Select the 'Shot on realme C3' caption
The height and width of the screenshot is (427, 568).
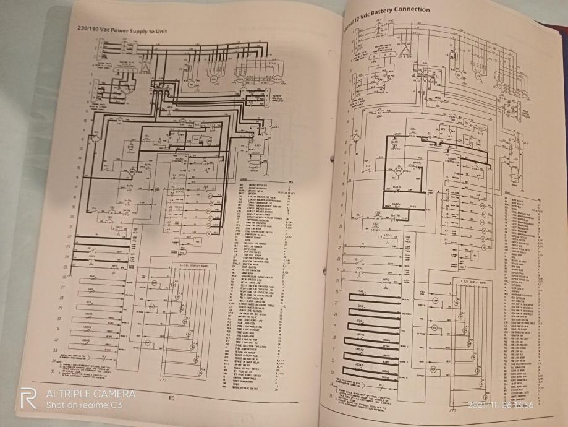(84, 405)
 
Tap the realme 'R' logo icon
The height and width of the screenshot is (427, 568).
(28, 399)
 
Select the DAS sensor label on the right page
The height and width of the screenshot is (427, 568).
(360, 306)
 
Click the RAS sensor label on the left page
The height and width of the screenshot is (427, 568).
(91, 277)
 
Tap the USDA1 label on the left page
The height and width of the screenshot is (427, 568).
(88, 314)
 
